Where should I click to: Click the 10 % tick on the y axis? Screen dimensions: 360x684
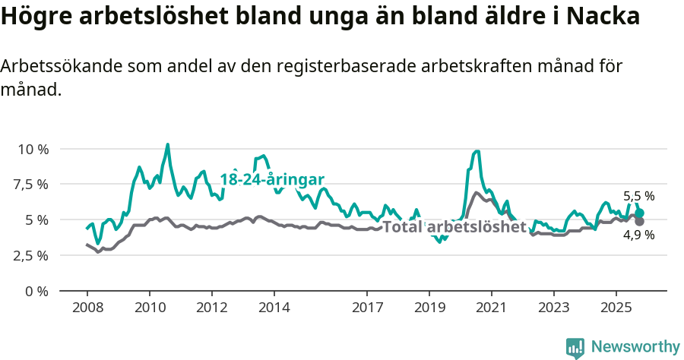coord(33,149)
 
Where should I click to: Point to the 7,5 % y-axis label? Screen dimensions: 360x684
coord(33,185)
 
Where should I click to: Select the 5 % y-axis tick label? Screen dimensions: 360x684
coord(37,220)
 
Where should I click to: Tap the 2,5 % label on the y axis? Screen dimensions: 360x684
coord(33,255)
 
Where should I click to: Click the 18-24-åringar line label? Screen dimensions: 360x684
coord(272,179)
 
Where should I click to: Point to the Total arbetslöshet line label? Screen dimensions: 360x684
coord(454,226)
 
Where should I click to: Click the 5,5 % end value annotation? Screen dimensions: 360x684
coord(638,196)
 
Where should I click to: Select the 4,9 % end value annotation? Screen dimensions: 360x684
coord(638,235)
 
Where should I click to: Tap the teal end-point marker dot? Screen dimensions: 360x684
coord(640,213)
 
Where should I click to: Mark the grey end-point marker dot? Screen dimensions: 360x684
coord(640,221)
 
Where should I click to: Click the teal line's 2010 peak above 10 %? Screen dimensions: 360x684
coord(168,144)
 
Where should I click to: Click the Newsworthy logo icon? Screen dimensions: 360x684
coord(575,348)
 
